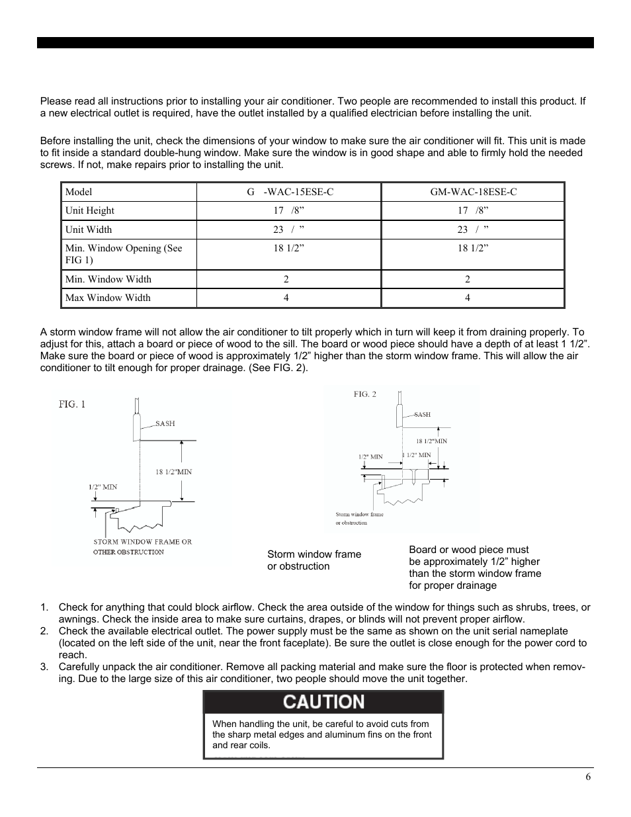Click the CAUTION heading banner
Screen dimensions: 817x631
(323, 703)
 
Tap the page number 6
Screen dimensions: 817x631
(587, 777)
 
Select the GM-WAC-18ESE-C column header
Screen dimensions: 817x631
(473, 192)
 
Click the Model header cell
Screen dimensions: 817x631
(79, 192)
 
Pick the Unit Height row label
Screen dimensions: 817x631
(90, 210)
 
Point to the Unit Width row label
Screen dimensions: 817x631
(89, 230)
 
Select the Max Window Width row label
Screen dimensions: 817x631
(108, 298)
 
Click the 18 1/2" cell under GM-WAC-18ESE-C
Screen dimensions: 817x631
(473, 248)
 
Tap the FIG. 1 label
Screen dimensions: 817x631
(72, 404)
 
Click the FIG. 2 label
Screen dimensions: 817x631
(364, 394)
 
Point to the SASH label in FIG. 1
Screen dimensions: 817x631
(165, 423)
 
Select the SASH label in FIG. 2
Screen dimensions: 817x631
(422, 415)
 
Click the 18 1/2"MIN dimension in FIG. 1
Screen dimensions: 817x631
(174, 472)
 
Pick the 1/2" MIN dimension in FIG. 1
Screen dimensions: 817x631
(103, 487)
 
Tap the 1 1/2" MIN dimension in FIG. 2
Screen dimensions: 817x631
(417, 455)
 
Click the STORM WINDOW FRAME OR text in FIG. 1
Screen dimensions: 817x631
(142, 542)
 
